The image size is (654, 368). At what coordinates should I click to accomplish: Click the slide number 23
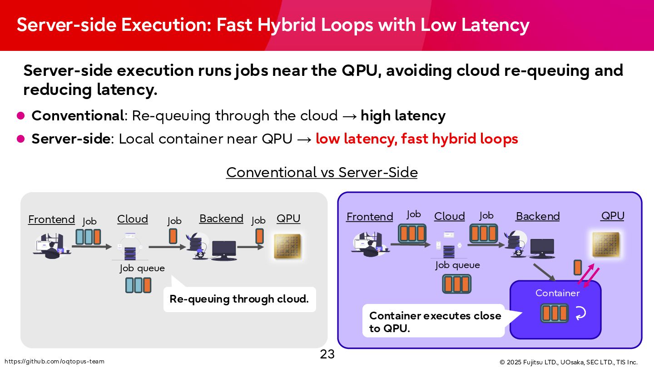[x=327, y=354]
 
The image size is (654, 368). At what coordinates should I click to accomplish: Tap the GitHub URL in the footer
[x=54, y=362]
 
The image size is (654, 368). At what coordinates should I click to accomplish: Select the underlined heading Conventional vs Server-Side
[x=322, y=173]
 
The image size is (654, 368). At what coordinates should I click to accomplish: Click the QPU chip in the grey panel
[x=288, y=246]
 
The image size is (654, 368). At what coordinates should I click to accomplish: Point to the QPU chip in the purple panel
[x=605, y=244]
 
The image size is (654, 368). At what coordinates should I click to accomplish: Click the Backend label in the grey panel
[x=221, y=219]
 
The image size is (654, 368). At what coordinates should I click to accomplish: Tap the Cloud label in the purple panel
[x=449, y=216]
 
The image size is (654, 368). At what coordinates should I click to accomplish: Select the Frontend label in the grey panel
[x=51, y=219]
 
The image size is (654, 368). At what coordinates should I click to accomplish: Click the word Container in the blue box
[x=557, y=293]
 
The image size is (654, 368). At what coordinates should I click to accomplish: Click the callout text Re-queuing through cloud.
[x=239, y=299]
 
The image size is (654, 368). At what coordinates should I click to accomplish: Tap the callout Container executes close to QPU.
[x=435, y=322]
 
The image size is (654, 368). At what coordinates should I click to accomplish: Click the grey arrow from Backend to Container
[x=544, y=271]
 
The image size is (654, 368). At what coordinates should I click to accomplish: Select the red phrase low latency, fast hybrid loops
[x=416, y=139]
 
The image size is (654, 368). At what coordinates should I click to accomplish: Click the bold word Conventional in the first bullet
[x=78, y=116]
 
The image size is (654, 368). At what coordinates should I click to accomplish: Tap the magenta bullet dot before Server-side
[x=20, y=139]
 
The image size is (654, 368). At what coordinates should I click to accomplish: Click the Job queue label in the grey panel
[x=142, y=268]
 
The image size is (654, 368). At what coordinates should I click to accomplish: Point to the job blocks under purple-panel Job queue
[x=456, y=284]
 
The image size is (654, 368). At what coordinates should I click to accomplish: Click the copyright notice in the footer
[x=568, y=362]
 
